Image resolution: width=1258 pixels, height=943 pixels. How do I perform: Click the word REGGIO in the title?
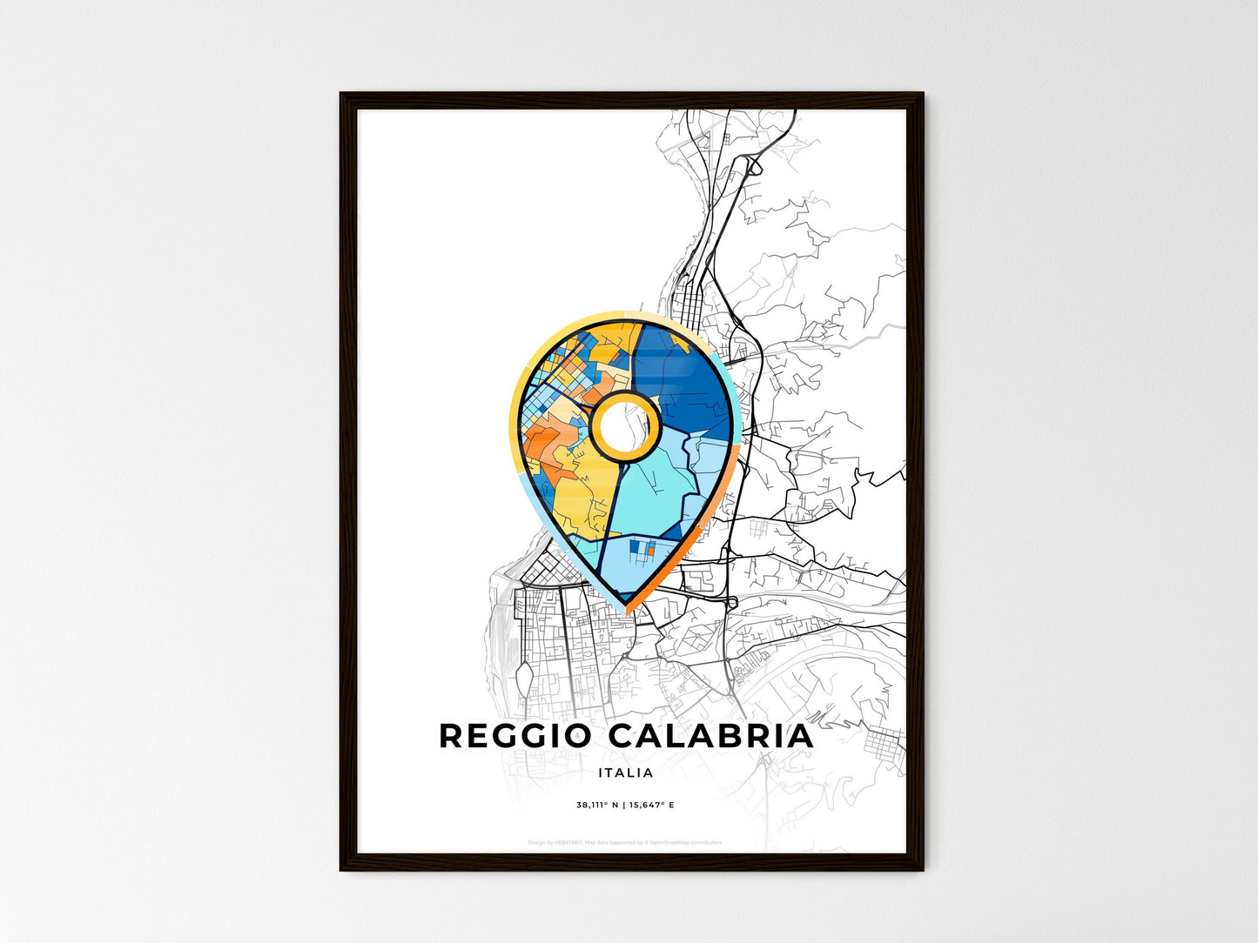point(515,736)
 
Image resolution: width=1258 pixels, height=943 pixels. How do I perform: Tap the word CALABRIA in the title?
point(710,736)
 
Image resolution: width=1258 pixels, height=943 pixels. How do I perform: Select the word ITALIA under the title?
point(626,772)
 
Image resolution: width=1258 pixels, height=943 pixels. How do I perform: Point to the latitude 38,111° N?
point(597,806)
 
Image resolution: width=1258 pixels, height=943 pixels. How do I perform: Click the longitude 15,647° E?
point(652,806)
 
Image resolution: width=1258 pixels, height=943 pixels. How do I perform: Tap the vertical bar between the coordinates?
point(624,806)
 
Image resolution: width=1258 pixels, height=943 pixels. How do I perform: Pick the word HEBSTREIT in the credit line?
point(568,842)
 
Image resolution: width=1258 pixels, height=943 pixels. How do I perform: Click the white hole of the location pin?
point(624,425)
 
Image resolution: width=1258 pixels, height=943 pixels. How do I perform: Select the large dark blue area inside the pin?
point(688,383)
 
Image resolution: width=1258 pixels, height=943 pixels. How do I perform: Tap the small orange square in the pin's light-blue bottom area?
point(650,550)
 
